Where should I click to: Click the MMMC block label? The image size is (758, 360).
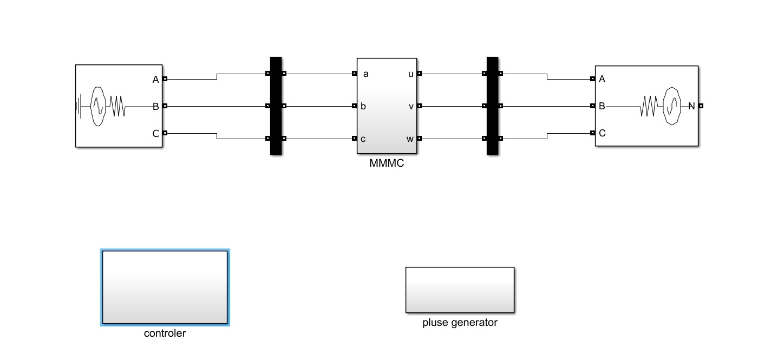(387, 163)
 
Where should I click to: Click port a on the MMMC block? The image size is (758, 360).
(354, 74)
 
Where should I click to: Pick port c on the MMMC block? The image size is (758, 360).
(354, 139)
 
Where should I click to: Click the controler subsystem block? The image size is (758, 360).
(165, 287)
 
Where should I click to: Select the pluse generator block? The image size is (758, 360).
(460, 290)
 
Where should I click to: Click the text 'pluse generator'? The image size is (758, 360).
(460, 323)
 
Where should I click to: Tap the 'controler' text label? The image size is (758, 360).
(165, 333)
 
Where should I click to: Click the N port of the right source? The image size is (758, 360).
(701, 106)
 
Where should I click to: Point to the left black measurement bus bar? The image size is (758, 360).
(276, 106)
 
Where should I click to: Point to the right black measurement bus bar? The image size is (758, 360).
(492, 106)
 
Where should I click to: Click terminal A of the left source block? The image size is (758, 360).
(165, 79)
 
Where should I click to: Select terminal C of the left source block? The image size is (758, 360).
(165, 133)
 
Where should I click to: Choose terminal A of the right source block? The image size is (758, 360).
(593, 79)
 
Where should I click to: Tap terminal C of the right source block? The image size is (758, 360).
(593, 133)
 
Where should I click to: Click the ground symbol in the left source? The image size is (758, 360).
(80, 106)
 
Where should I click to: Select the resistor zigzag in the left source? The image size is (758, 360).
(118, 106)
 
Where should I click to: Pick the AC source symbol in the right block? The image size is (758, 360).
(671, 106)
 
